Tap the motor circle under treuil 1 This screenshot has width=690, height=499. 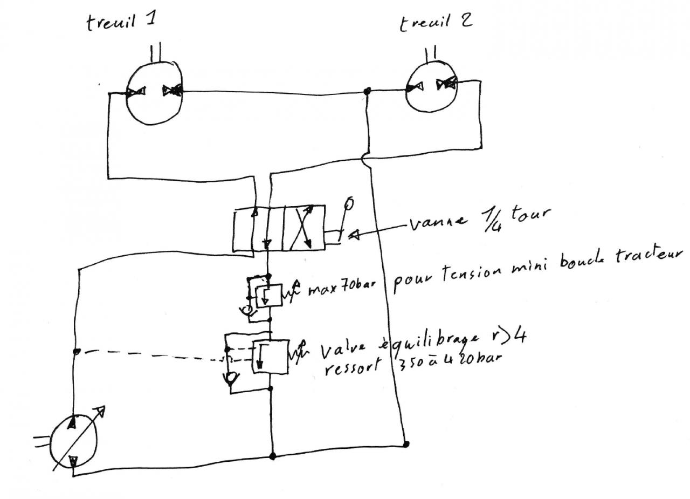tap(154, 92)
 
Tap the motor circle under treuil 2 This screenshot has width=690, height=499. tap(431, 87)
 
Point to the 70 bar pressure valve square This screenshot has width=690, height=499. tap(268, 295)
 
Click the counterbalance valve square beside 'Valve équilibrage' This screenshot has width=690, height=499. tap(270, 356)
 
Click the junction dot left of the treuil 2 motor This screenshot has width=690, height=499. tap(367, 91)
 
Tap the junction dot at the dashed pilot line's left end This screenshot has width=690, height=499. tap(77, 352)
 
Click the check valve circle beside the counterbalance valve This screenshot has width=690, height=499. tap(231, 378)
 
